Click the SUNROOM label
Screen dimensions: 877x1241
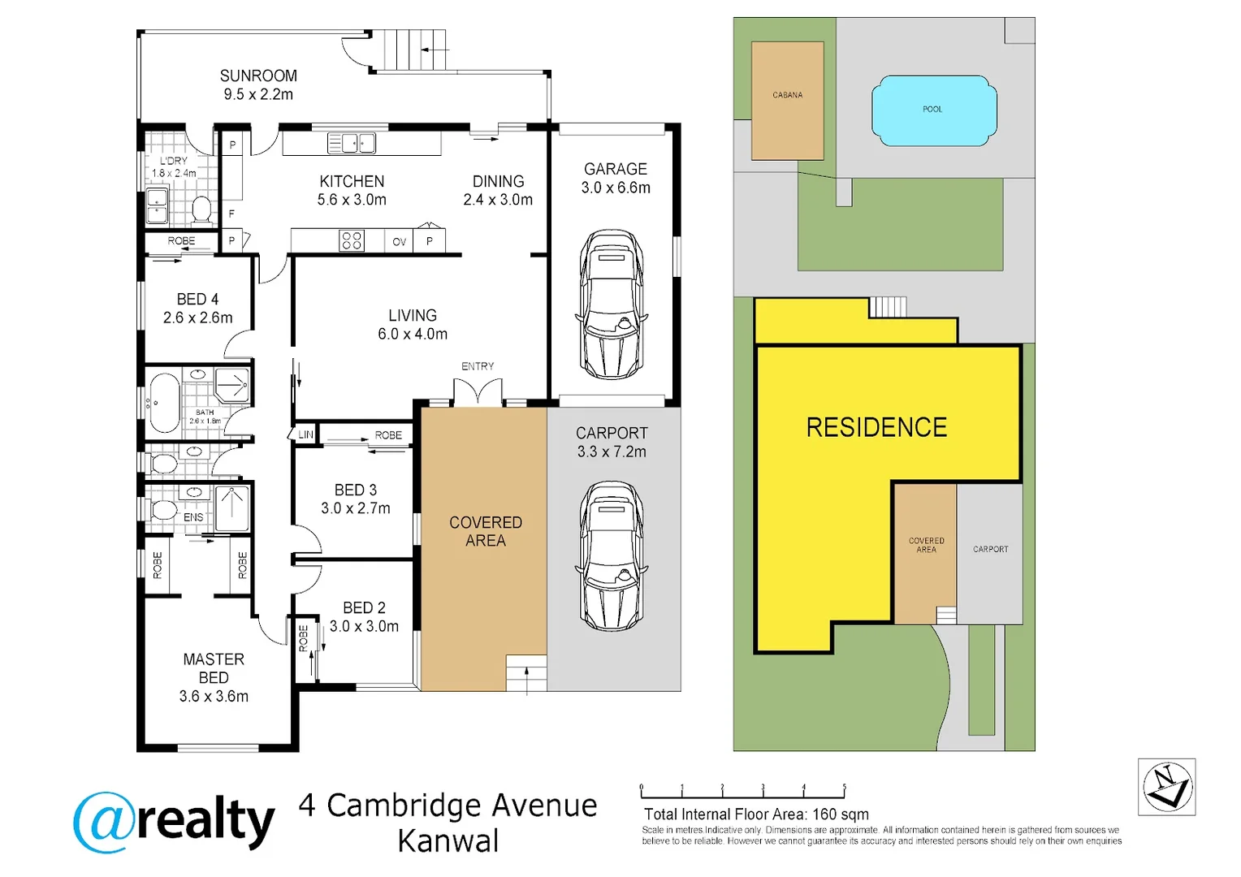pos(258,76)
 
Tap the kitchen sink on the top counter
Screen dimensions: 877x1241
pos(351,144)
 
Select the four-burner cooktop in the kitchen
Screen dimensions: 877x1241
pos(351,240)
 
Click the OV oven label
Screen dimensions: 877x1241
pos(399,242)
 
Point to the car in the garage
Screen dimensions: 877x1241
pos(612,305)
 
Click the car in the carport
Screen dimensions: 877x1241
pos(612,556)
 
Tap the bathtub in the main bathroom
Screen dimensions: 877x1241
pos(165,403)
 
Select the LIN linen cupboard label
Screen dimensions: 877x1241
pos(305,434)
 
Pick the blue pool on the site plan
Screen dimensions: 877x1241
pos(933,110)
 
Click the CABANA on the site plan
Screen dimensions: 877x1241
pos(787,101)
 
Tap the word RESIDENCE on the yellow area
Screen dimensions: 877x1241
pos(876,427)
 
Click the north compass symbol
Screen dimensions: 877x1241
pos(1166,786)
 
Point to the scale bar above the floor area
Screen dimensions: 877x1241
pos(742,793)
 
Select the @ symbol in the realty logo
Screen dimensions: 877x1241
pos(104,822)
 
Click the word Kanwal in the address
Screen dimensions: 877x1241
pos(448,841)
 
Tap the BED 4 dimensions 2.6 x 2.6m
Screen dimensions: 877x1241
pos(197,318)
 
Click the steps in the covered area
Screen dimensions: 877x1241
pos(526,672)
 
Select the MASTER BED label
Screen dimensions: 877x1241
pos(214,668)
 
